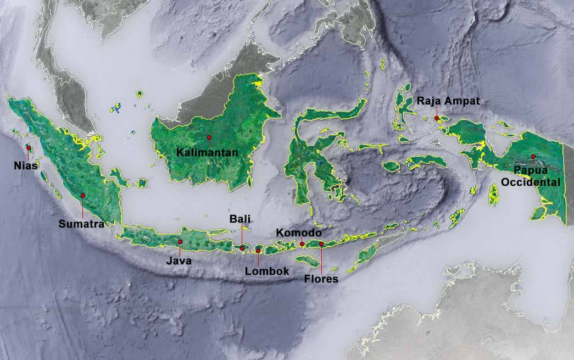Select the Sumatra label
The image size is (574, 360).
[x=81, y=224]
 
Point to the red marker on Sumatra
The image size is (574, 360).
[x=83, y=195]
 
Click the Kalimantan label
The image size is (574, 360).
[x=207, y=152]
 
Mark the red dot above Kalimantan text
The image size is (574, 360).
[x=209, y=137]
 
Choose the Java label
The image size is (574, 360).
[x=179, y=261]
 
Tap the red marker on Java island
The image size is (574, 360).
[x=180, y=242]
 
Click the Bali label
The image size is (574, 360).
[x=240, y=219]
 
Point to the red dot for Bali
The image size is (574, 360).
[x=242, y=248]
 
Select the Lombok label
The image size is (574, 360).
[x=267, y=271]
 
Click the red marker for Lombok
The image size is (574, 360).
[x=258, y=251]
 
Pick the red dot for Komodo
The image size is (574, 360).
[x=302, y=244]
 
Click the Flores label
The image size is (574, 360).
[x=321, y=279]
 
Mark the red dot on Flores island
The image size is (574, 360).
[x=321, y=244]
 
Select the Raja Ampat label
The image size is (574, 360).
[x=449, y=101]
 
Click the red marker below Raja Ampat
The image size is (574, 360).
[x=437, y=118]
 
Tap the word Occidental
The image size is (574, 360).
[x=531, y=182]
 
